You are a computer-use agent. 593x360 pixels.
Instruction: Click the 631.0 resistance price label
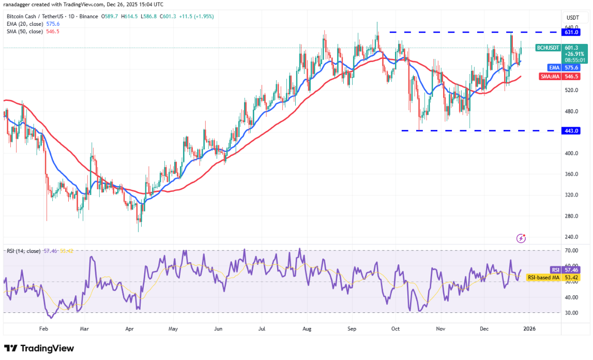pos(571,32)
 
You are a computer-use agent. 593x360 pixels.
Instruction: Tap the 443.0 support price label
pos(571,131)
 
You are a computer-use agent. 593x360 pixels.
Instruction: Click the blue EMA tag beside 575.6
pos(553,67)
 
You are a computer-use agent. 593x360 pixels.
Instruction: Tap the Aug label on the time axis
pos(307,328)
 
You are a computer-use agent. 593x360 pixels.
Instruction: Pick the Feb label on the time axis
pos(43,328)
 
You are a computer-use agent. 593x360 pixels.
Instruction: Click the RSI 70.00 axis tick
pos(571,250)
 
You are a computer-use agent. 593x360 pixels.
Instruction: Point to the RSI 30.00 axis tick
pos(571,313)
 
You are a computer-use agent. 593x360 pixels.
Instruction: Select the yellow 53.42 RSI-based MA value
pos(571,278)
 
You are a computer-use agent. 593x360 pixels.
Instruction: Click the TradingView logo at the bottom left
pos(39,349)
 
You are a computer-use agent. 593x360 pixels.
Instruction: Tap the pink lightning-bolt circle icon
pos(521,238)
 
